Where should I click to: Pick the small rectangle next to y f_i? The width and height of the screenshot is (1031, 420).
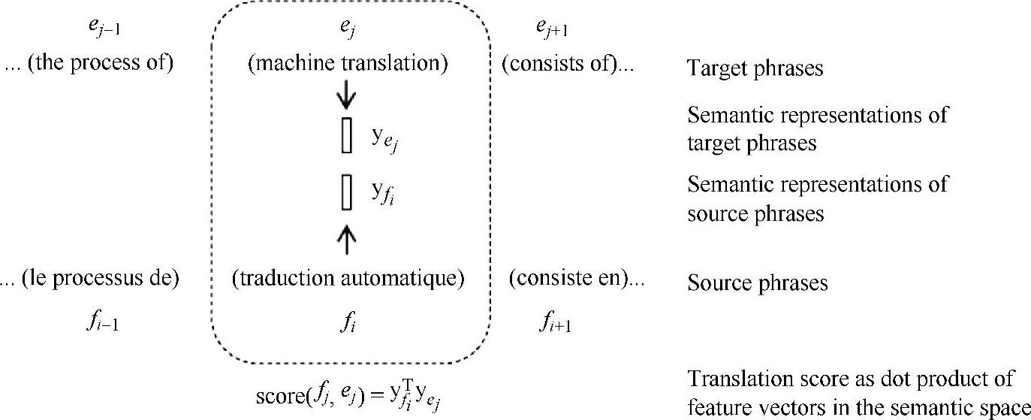tap(346, 192)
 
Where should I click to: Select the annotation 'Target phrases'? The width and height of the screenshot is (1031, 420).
tap(755, 69)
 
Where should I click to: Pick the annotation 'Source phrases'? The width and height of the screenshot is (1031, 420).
tap(758, 284)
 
